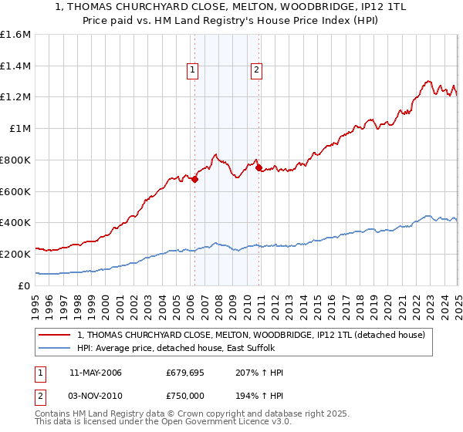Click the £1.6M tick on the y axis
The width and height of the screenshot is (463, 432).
tap(15, 35)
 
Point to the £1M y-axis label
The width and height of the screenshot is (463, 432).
tap(19, 128)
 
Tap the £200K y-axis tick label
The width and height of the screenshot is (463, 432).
tap(15, 254)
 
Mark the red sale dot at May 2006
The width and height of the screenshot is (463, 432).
tap(195, 179)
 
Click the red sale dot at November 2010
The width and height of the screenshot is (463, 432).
tap(259, 167)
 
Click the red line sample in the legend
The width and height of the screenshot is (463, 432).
tap(55, 335)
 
